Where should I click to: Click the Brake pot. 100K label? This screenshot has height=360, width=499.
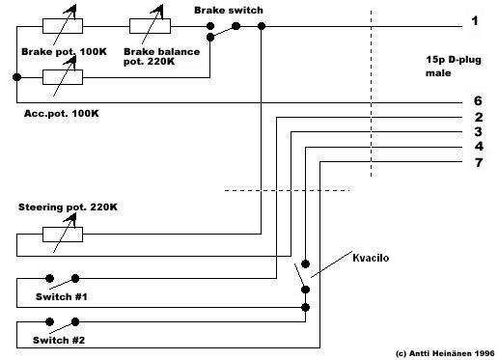(x=64, y=52)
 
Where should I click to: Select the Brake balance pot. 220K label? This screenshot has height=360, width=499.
(x=161, y=56)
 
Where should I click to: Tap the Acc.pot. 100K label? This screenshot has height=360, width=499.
(x=62, y=113)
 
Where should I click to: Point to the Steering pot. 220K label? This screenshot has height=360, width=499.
(x=68, y=207)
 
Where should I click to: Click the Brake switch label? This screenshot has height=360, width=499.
(x=229, y=11)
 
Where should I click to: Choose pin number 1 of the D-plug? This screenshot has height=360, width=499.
(x=475, y=21)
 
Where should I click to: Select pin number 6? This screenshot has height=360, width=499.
(x=478, y=100)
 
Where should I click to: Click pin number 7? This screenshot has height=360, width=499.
(x=479, y=163)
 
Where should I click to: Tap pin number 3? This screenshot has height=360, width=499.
(x=479, y=131)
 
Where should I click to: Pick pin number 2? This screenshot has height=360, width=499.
(x=479, y=117)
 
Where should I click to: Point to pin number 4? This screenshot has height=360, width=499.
(x=479, y=147)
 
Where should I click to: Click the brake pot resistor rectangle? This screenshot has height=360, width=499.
(x=63, y=26)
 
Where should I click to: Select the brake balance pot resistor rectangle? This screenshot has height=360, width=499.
(x=150, y=26)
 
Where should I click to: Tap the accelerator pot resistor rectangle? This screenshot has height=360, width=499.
(x=63, y=77)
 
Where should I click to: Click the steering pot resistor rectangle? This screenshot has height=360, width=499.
(x=63, y=235)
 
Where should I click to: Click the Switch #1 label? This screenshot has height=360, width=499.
(x=62, y=296)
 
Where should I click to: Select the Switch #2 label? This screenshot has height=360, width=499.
(x=59, y=340)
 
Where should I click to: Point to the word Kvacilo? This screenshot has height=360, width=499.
(x=371, y=258)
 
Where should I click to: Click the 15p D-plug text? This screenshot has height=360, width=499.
(x=454, y=60)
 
